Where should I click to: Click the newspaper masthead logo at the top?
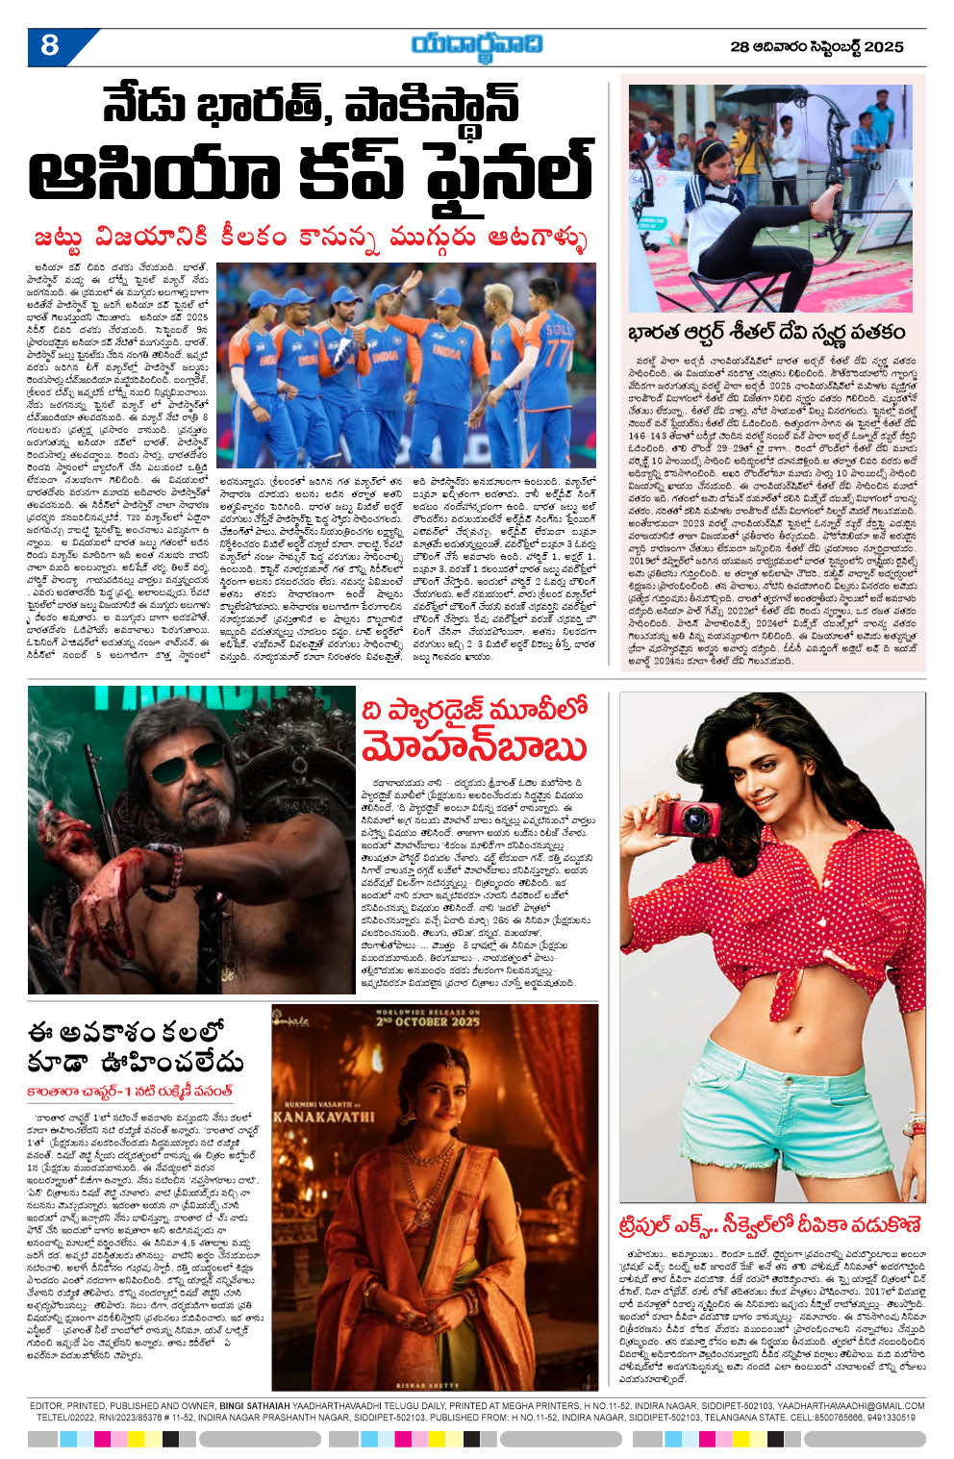click(x=477, y=44)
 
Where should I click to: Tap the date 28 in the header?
click(x=740, y=46)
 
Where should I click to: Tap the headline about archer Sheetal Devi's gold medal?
click(x=766, y=332)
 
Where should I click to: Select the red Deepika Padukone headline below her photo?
click(x=770, y=1224)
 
